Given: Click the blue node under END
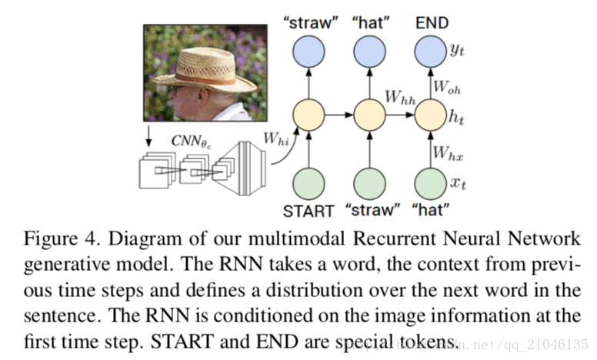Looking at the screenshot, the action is click(x=430, y=52).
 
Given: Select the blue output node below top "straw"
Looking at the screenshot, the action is click(x=309, y=52).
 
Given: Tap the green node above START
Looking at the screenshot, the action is click(x=309, y=184).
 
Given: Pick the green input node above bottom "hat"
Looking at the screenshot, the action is click(x=430, y=184).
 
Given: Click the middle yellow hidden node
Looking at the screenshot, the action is click(x=369, y=115).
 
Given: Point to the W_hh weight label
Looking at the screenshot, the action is click(x=400, y=97).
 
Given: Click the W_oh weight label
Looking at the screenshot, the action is click(x=447, y=87).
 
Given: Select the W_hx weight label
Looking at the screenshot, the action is click(x=448, y=153).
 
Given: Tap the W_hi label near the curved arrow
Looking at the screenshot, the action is click(x=276, y=138).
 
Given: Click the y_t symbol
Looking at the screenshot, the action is click(x=457, y=49).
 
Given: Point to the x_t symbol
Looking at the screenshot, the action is click(x=458, y=183).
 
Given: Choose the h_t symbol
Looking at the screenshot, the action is click(x=456, y=116).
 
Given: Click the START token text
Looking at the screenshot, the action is click(x=309, y=212).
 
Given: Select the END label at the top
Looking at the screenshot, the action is click(x=432, y=23).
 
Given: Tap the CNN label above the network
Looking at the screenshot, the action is click(x=191, y=142).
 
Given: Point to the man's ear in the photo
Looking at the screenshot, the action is click(x=202, y=96).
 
